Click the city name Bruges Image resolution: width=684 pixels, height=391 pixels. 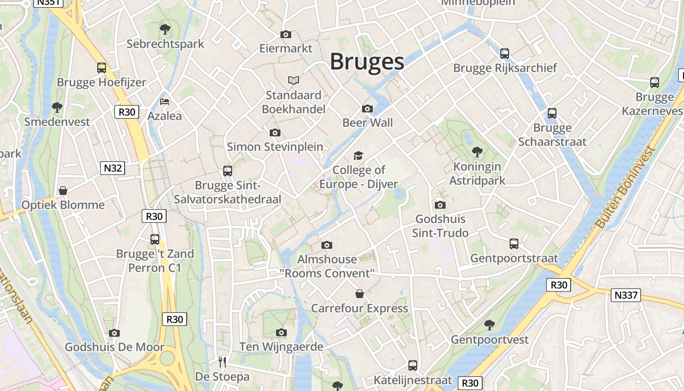(367, 62)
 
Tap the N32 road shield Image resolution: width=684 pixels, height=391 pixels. (113, 169)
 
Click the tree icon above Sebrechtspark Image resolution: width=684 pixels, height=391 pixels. (165, 29)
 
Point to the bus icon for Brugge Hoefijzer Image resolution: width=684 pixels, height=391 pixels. (102, 68)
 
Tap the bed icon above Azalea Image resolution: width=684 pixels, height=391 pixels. (165, 102)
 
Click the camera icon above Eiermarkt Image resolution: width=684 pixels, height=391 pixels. (286, 34)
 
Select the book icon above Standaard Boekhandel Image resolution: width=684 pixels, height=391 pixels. (293, 80)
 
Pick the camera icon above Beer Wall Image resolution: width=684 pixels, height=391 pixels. (367, 109)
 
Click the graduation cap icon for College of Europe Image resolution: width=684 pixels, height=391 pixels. (359, 156)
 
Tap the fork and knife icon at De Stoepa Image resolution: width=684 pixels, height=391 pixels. (222, 362)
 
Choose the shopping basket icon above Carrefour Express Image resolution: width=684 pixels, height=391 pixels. (360, 294)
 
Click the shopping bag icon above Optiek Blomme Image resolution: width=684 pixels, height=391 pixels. (63, 190)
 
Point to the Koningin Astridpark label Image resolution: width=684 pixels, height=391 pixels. (477, 174)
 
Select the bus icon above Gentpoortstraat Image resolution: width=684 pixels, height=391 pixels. (514, 243)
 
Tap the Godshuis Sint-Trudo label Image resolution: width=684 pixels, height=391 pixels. (440, 226)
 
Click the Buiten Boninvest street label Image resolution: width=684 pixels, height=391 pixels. (624, 187)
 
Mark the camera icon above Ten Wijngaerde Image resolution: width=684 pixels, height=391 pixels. (281, 332)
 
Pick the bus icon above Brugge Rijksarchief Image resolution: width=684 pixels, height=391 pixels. (505, 53)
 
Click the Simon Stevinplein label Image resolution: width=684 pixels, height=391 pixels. (275, 147)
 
